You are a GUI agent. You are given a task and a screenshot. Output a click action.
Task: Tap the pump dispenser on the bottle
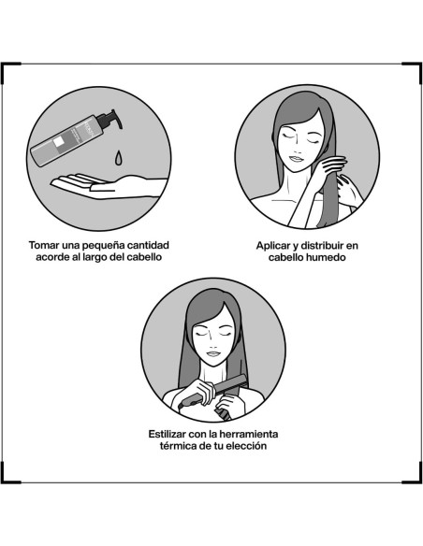pyautogui.click(x=110, y=120)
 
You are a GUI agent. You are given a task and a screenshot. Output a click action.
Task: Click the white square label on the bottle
pyautogui.click(x=59, y=143)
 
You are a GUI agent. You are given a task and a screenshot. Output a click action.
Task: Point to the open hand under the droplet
pyautogui.click(x=109, y=187)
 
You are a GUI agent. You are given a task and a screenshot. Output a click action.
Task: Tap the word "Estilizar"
pyautogui.click(x=167, y=434)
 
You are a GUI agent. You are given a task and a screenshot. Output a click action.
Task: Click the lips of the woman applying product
pyautogui.click(x=296, y=159)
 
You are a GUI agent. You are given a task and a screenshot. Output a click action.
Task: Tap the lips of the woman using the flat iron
pyautogui.click(x=212, y=353)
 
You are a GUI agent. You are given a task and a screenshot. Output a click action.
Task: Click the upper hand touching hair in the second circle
pyautogui.click(x=333, y=166)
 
